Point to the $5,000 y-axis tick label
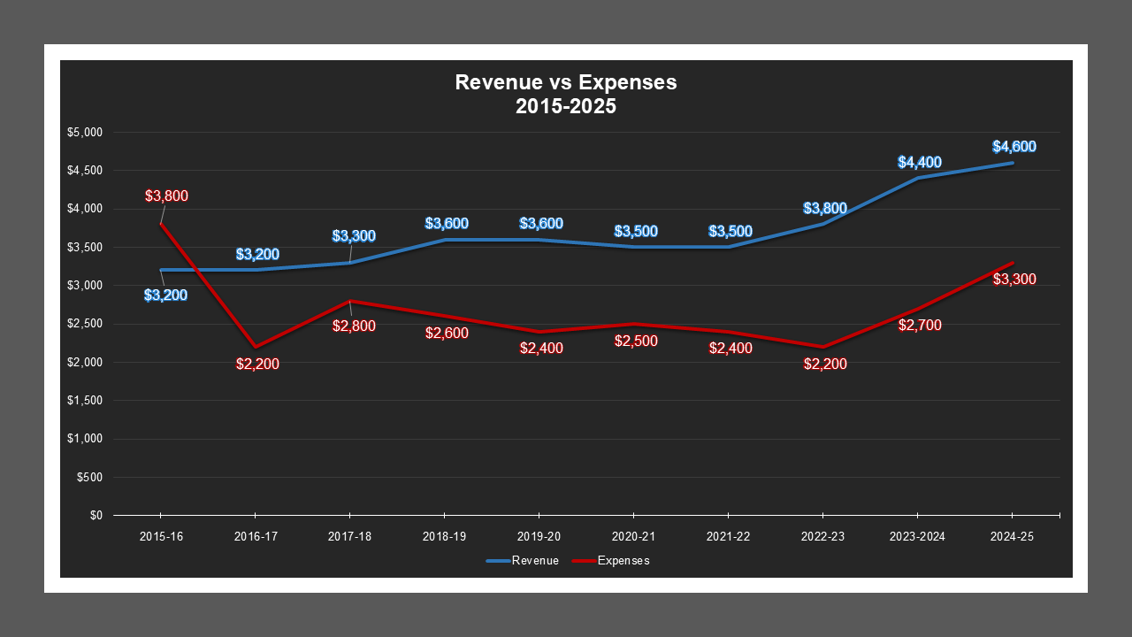(x=86, y=133)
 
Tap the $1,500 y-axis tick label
(x=86, y=401)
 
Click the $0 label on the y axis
(x=96, y=516)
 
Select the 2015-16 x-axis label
(x=160, y=536)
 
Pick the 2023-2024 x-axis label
(x=917, y=536)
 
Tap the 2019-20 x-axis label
(x=539, y=536)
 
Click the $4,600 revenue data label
(x=1013, y=147)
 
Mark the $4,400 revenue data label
(x=920, y=163)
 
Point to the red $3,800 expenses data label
(x=167, y=196)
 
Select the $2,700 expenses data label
(x=920, y=326)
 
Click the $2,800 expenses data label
(x=354, y=326)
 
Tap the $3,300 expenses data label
(x=1014, y=280)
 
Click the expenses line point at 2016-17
(x=255, y=347)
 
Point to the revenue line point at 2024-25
(x=1013, y=163)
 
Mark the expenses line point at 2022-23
(x=823, y=347)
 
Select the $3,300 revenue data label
(x=354, y=236)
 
